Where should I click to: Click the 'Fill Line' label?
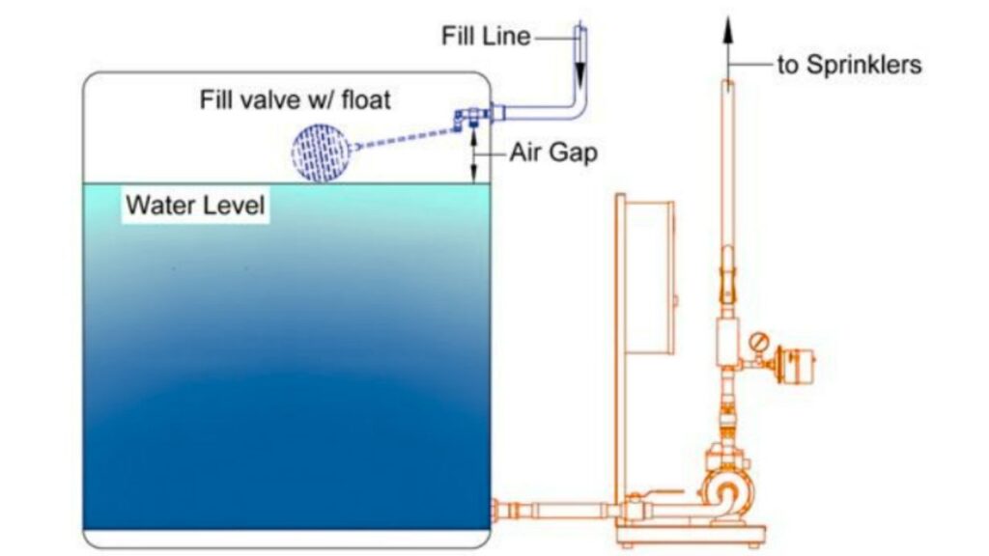(486, 36)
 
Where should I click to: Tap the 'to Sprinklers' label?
(849, 65)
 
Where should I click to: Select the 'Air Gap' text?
(553, 153)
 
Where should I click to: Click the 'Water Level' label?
(195, 205)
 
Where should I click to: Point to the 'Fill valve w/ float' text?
(296, 99)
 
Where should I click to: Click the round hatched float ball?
(320, 153)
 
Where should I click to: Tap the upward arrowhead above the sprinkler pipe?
(728, 30)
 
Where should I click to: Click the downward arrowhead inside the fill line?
(579, 75)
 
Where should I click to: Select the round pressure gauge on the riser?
(759, 343)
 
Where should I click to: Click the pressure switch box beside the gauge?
(797, 364)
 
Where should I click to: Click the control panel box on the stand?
(649, 277)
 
